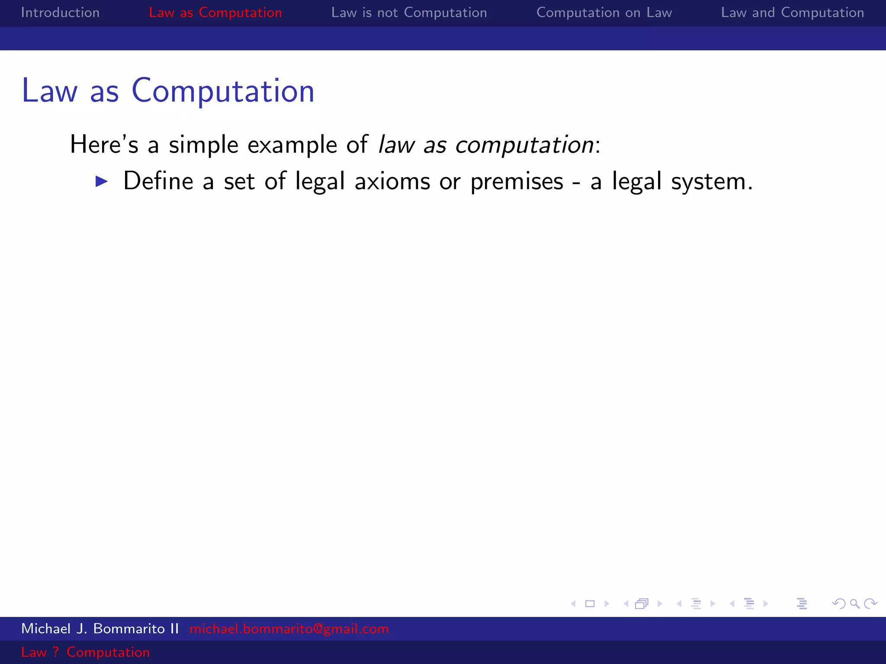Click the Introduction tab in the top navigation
(x=60, y=13)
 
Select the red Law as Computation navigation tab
(x=215, y=13)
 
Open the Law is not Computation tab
(x=409, y=13)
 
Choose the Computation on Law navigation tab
(x=604, y=13)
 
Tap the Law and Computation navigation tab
(x=792, y=13)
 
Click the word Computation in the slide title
(x=223, y=91)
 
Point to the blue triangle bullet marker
(x=101, y=181)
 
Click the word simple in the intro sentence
(x=203, y=144)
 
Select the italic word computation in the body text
(x=524, y=145)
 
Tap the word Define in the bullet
(x=158, y=181)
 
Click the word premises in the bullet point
(x=517, y=182)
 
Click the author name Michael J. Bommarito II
(x=100, y=629)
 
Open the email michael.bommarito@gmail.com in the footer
(x=289, y=629)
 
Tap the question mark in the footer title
(x=55, y=652)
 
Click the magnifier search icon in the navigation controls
(x=854, y=603)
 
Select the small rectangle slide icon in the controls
(x=590, y=603)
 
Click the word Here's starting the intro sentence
(x=104, y=144)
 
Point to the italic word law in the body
(x=396, y=144)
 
